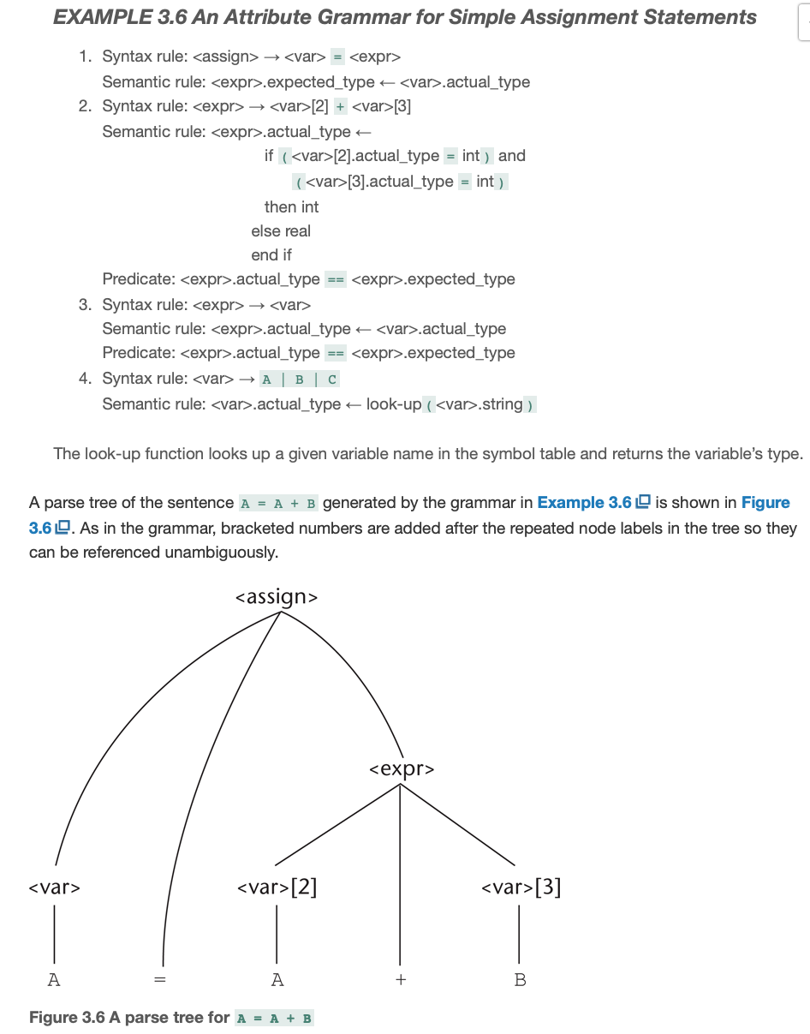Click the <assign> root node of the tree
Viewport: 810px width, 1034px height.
click(x=276, y=596)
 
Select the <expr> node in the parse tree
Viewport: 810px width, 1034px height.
click(x=402, y=768)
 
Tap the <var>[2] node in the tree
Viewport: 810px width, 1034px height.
click(x=277, y=887)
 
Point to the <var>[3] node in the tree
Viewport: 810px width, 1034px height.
click(x=521, y=887)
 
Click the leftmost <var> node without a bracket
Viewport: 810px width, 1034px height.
click(x=55, y=888)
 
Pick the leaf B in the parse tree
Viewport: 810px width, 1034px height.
click(x=520, y=979)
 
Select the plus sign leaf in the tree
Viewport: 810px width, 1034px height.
click(x=400, y=979)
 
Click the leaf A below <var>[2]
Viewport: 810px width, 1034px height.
click(x=277, y=979)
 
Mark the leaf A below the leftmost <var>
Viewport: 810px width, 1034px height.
click(x=54, y=979)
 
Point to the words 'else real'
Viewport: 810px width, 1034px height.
click(x=281, y=231)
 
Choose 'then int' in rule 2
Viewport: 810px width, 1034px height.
click(x=291, y=207)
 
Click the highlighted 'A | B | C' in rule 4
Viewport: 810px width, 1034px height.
click(x=299, y=379)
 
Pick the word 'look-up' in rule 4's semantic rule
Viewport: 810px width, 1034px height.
click(x=394, y=403)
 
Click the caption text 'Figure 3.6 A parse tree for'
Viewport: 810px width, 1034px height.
click(x=129, y=1017)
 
